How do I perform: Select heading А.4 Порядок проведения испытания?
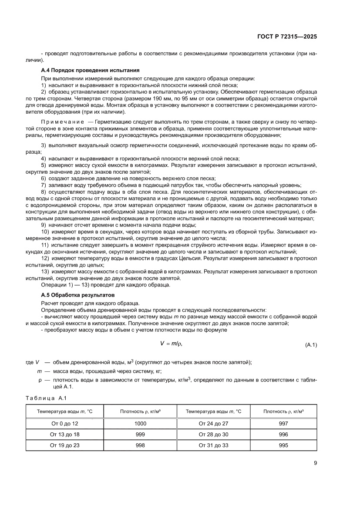(90, 70)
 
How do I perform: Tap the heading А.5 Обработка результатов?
(77, 295)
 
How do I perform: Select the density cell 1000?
(139, 423)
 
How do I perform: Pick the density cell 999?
(139, 434)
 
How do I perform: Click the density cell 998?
(139, 445)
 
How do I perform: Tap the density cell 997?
(283, 423)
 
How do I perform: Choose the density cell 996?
(283, 434)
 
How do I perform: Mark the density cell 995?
(283, 445)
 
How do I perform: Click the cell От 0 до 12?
(65, 423)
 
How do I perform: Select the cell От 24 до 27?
(213, 423)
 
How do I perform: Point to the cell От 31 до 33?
(213, 445)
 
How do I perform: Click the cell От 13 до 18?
(65, 434)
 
